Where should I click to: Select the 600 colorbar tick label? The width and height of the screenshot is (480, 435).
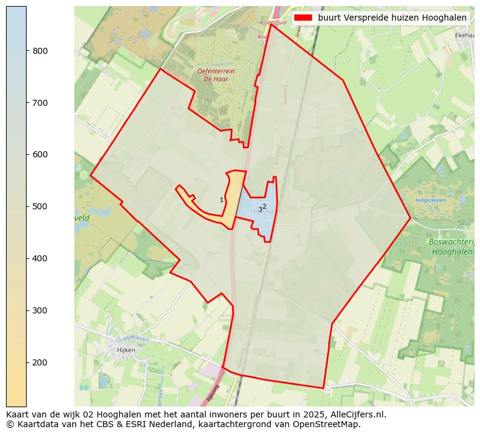(41, 155)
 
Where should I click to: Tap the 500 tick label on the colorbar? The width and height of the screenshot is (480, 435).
(41, 207)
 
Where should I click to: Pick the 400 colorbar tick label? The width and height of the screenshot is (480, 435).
(41, 259)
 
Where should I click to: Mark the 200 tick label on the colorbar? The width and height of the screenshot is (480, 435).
(41, 362)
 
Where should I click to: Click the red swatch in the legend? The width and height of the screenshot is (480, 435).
(303, 18)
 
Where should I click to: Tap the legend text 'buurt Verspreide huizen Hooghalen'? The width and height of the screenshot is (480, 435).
(392, 18)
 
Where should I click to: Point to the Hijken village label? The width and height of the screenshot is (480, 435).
(126, 350)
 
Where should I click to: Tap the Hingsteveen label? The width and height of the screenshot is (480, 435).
(430, 200)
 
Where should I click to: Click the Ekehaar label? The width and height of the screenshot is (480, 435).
(464, 36)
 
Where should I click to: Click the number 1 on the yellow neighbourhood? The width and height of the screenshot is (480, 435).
(221, 200)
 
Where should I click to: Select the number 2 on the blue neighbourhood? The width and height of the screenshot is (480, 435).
(264, 206)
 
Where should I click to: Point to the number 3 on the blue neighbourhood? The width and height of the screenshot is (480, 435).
(260, 210)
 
